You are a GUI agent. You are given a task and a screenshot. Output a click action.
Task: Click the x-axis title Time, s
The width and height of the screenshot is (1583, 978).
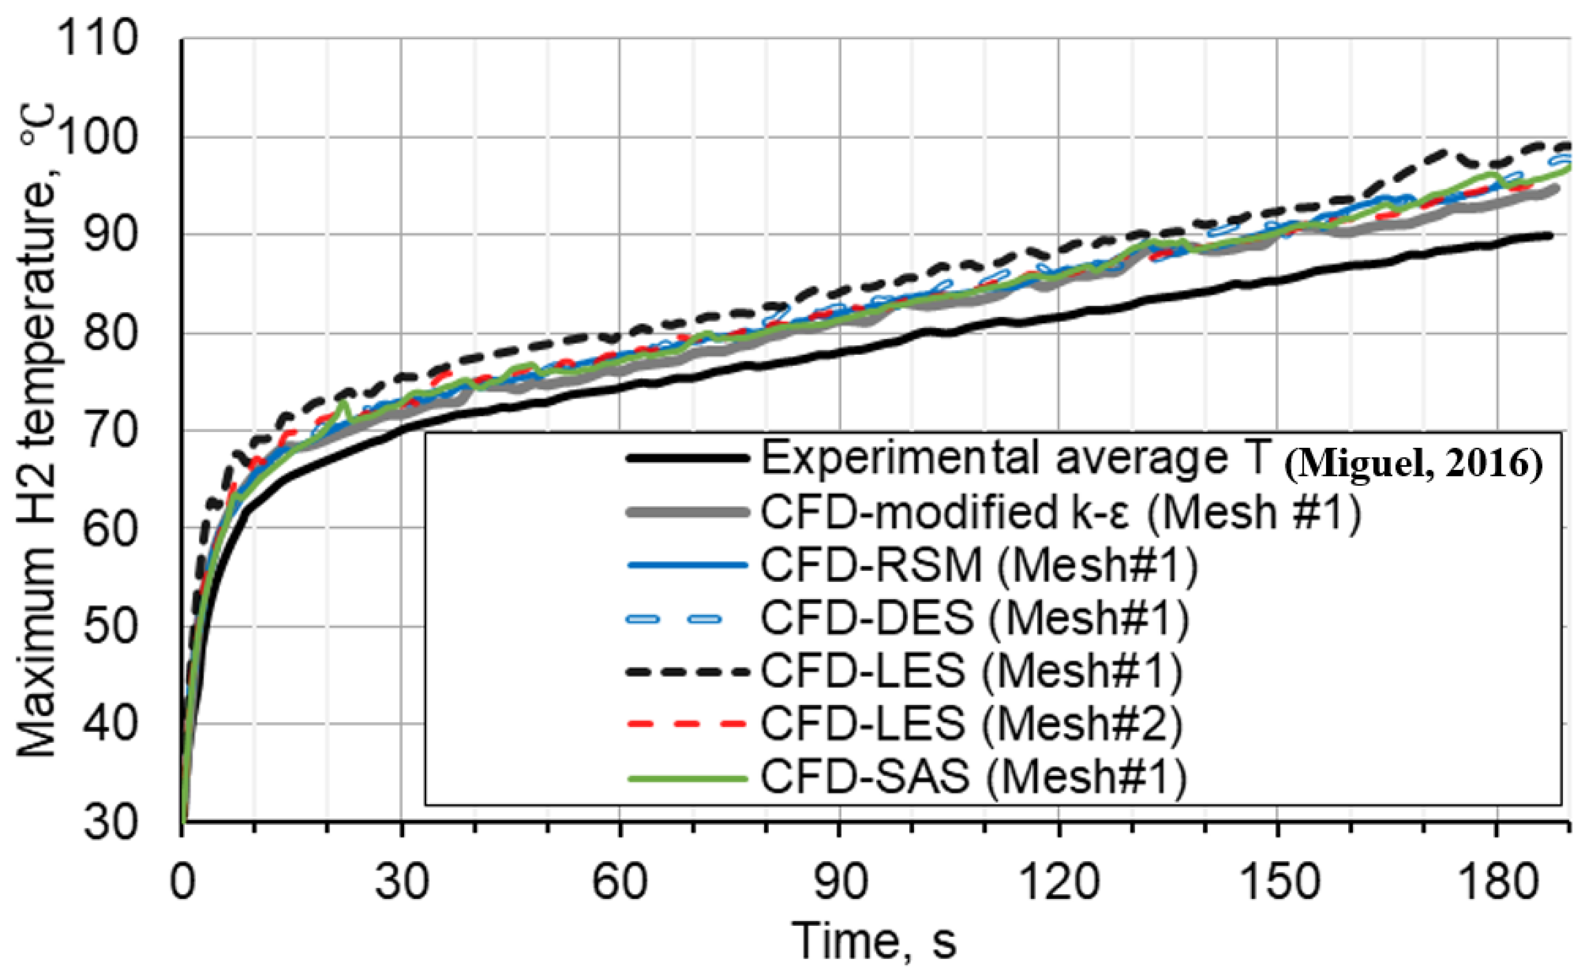874,941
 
